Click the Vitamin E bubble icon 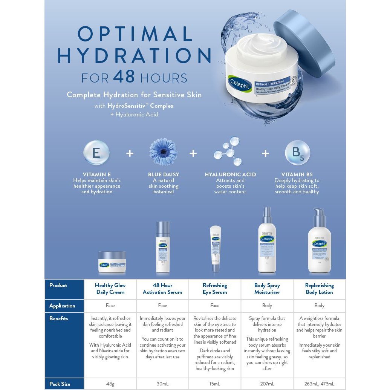pyautogui.click(x=96, y=153)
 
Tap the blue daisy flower pyautogui.click(x=163, y=152)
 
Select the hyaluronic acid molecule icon pyautogui.click(x=228, y=151)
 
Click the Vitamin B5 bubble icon pyautogui.click(x=297, y=153)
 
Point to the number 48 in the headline pyautogui.click(x=124, y=77)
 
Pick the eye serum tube pyautogui.click(x=216, y=249)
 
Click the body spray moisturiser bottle pyautogui.click(x=267, y=241)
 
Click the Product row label pyautogui.click(x=58, y=285)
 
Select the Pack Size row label pyautogui.click(x=60, y=384)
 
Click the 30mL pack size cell pyautogui.click(x=162, y=384)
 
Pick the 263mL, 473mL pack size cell pyautogui.click(x=319, y=384)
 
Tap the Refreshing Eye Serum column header pyautogui.click(x=215, y=289)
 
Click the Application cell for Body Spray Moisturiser pyautogui.click(x=267, y=306)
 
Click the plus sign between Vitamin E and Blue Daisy pyautogui.click(x=130, y=154)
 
